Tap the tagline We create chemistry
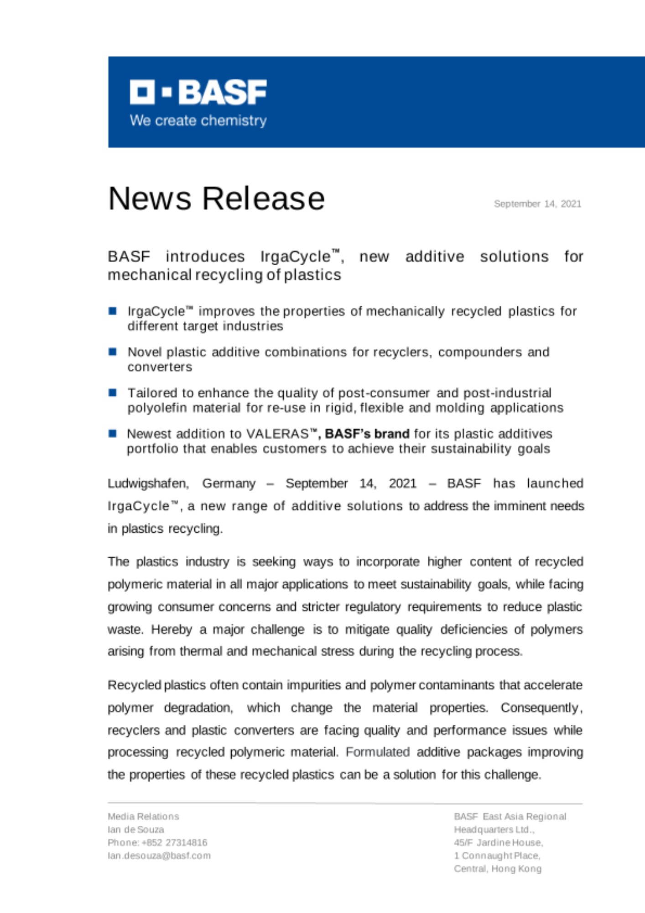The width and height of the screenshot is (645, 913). (198, 121)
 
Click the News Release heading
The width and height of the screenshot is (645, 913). (216, 199)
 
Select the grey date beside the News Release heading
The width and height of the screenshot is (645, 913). (537, 204)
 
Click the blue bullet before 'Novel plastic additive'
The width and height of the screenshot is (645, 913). (113, 352)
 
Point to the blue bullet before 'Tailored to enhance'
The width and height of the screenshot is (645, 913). (113, 392)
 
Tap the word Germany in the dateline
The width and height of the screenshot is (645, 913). (229, 483)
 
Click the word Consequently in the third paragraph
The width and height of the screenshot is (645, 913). (540, 708)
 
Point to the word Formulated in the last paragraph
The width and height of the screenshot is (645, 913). (378, 752)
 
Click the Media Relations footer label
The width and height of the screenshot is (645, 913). (143, 816)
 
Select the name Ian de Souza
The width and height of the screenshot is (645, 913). (136, 829)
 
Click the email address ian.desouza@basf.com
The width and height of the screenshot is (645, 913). (159, 855)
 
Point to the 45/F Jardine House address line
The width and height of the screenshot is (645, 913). (498, 842)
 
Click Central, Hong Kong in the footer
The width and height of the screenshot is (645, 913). (497, 869)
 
